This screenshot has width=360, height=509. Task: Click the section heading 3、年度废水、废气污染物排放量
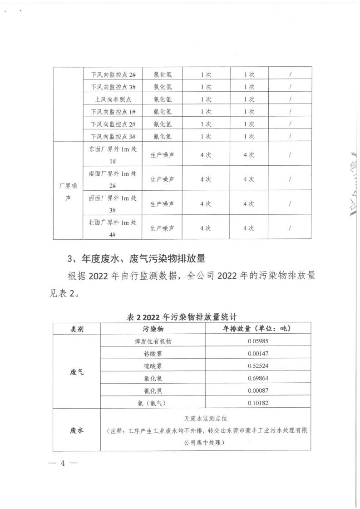click(137, 259)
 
